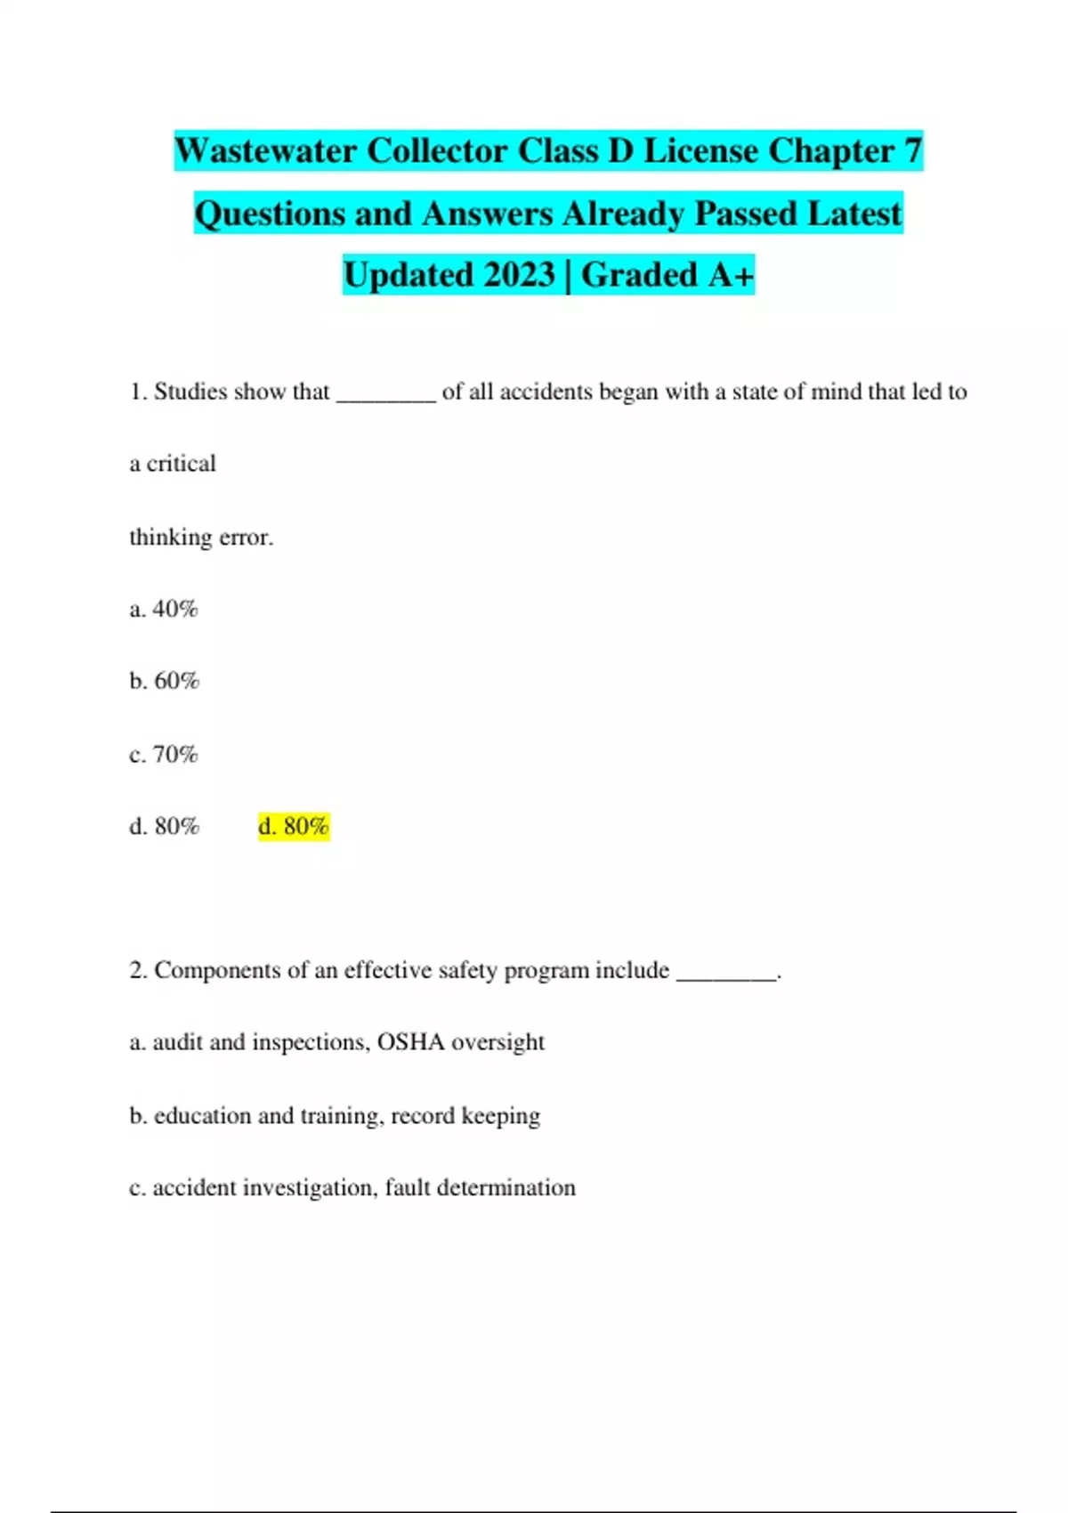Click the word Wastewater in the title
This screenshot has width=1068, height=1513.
(265, 151)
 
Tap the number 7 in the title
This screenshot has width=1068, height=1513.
(912, 151)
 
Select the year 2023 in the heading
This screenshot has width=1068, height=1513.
(520, 275)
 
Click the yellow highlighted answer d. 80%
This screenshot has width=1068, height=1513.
(294, 827)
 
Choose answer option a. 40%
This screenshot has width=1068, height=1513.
(164, 610)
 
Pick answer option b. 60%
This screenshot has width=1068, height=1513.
(165, 682)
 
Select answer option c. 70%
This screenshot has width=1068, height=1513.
(164, 755)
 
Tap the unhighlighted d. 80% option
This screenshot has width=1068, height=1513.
(165, 827)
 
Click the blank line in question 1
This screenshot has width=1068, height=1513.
(385, 399)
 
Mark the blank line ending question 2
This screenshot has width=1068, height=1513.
(726, 976)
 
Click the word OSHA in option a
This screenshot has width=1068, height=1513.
(410, 1042)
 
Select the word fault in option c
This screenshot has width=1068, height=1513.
(408, 1188)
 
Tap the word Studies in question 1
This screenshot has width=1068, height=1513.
(190, 392)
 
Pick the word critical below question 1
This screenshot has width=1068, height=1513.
(181, 464)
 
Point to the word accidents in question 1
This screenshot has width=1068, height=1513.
(546, 392)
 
